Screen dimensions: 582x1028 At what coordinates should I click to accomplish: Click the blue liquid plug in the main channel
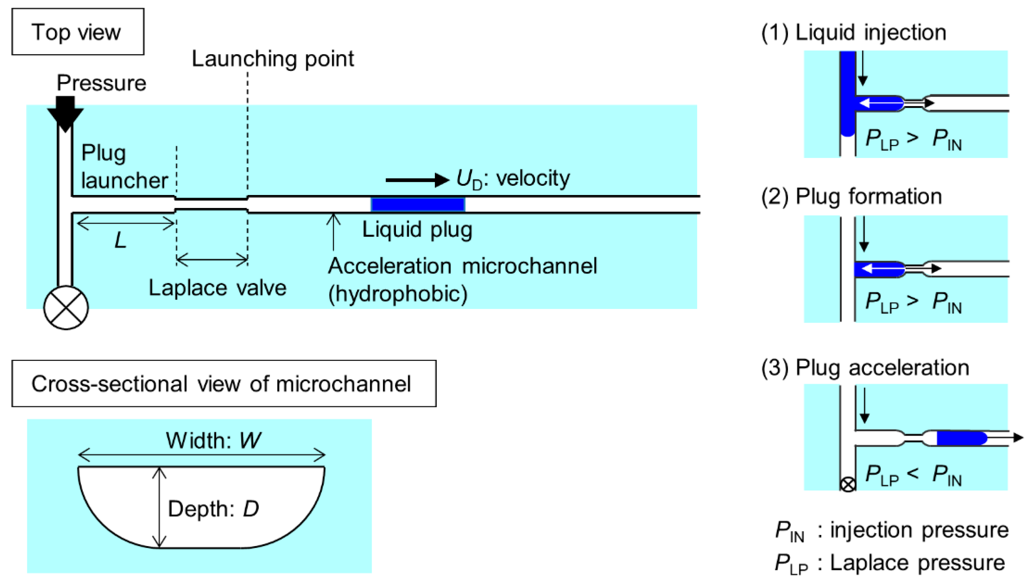pyautogui.click(x=417, y=204)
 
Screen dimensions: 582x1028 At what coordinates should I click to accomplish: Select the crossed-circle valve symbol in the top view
pyautogui.click(x=66, y=308)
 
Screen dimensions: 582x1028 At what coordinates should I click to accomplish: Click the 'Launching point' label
pyautogui.click(x=273, y=59)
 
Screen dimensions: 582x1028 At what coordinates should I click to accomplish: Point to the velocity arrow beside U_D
pyautogui.click(x=416, y=180)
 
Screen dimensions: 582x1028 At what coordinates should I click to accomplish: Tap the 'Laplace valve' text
pyautogui.click(x=218, y=288)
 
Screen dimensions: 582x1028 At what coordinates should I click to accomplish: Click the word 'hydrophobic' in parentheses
pyautogui.click(x=397, y=294)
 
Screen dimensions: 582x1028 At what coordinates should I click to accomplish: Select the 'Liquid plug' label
pyautogui.click(x=417, y=229)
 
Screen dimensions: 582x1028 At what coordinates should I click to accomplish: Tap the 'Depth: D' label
pyautogui.click(x=213, y=509)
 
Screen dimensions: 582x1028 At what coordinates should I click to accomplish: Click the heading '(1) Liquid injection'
pyautogui.click(x=853, y=32)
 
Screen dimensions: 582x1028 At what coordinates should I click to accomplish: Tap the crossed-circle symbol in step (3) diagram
pyautogui.click(x=848, y=485)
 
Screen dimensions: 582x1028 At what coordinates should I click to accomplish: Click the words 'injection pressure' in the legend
pyautogui.click(x=919, y=530)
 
